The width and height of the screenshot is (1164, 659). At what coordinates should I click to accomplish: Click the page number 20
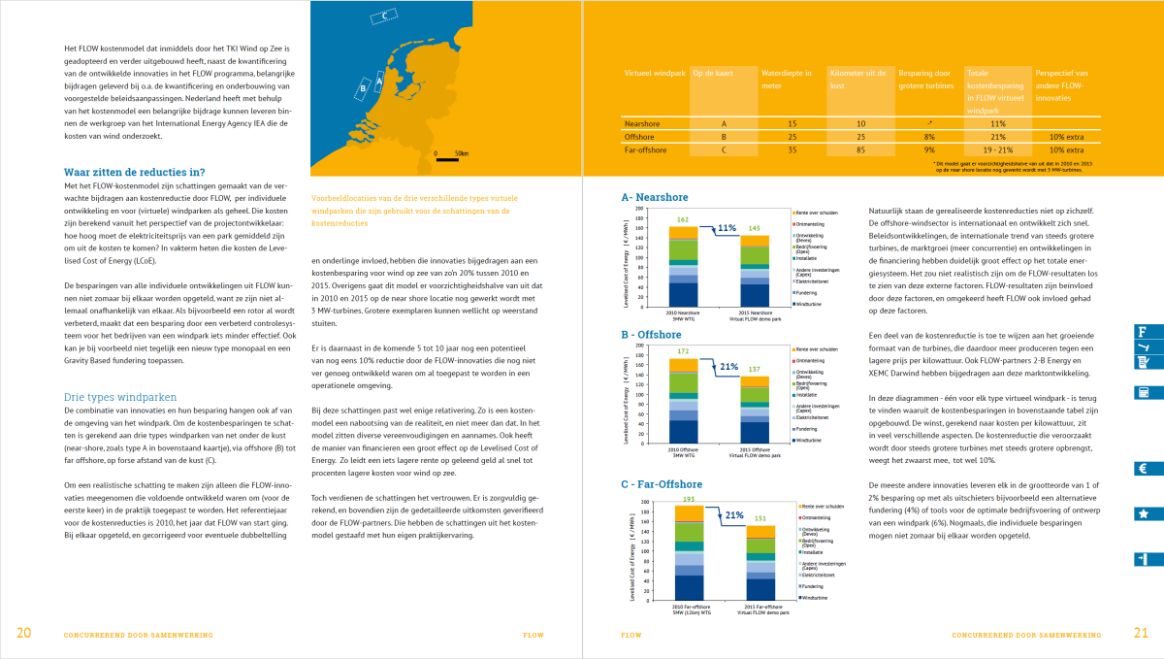point(23,634)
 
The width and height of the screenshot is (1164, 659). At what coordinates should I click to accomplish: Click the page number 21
point(1140,634)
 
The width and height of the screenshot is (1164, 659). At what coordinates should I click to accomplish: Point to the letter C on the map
point(384,16)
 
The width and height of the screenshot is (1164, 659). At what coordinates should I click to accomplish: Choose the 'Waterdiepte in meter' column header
point(787,79)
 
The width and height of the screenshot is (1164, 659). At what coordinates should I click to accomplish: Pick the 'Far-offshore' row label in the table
point(649,150)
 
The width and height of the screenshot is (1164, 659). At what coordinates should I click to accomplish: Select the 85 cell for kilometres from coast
point(860,150)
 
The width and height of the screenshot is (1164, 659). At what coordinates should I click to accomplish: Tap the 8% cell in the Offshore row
point(930,137)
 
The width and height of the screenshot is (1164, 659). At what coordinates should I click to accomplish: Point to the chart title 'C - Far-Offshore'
point(668,483)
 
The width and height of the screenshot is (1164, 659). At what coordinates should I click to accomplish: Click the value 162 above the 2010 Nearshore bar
point(683,220)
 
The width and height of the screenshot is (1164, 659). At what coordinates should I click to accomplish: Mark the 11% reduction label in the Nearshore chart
point(727,228)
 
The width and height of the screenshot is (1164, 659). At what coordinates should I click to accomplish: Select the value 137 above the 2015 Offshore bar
point(753,370)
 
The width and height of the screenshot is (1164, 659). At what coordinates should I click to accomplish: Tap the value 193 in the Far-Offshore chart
point(689,498)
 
